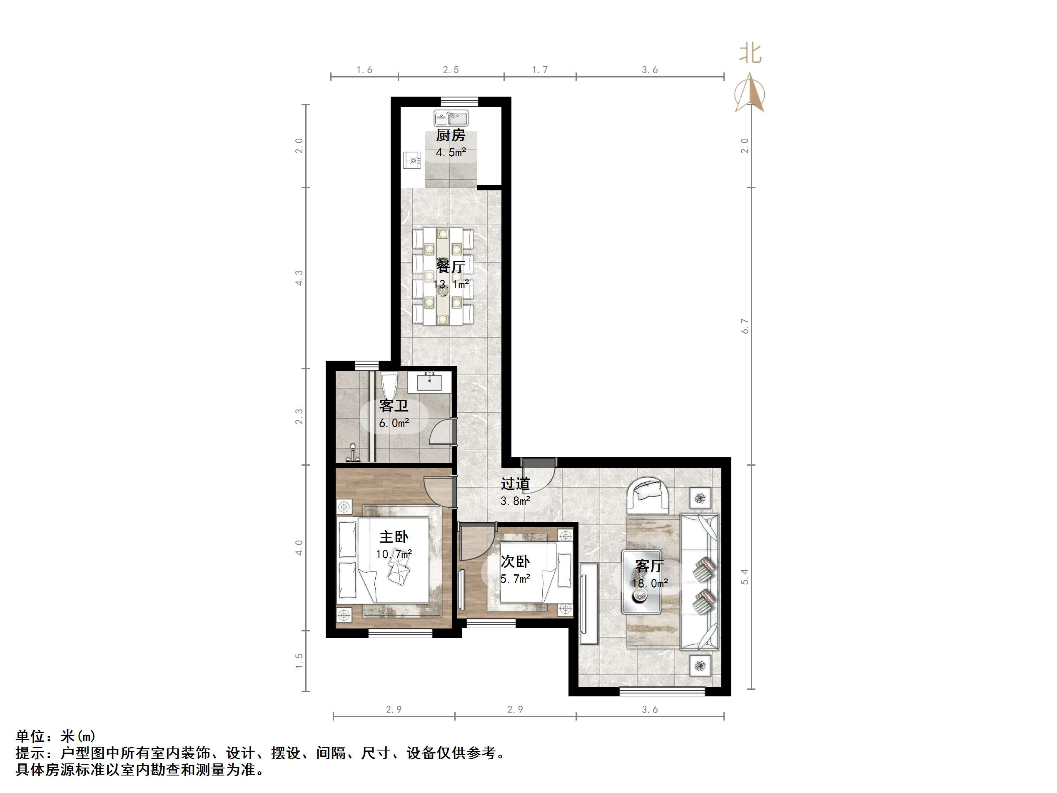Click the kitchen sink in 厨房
[x=451, y=117]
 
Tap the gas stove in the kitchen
[x=412, y=160]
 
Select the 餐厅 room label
[x=450, y=266]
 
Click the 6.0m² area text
[x=394, y=423]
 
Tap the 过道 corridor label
[x=515, y=483]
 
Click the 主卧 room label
[x=394, y=537]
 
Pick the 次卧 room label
[x=515, y=561]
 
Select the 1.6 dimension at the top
[x=364, y=70]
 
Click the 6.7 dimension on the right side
[x=745, y=326]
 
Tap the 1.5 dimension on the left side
[x=299, y=661]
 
